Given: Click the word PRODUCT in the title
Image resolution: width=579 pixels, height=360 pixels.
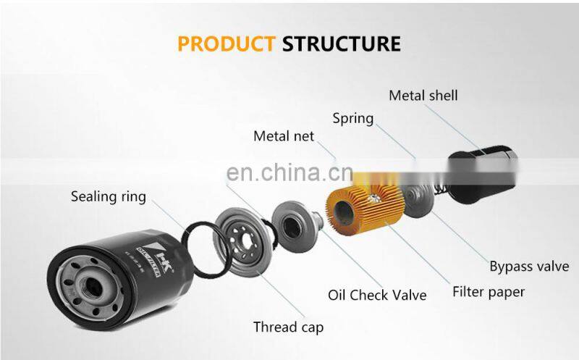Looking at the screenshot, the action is pos(226,43).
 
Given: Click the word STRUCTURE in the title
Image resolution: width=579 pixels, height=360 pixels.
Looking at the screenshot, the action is pos(340,43).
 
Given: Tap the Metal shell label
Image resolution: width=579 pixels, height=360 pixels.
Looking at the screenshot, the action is pos(423,96).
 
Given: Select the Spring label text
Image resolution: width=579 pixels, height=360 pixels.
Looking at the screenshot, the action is pos(352,118).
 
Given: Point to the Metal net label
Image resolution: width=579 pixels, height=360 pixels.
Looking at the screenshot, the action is pos(284,136).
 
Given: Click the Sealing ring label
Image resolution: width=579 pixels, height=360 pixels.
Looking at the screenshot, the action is pos(108,196).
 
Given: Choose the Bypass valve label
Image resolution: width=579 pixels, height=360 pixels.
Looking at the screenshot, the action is pos(529,267).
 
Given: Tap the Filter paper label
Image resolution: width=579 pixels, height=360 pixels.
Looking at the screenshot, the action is pos(489,292).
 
